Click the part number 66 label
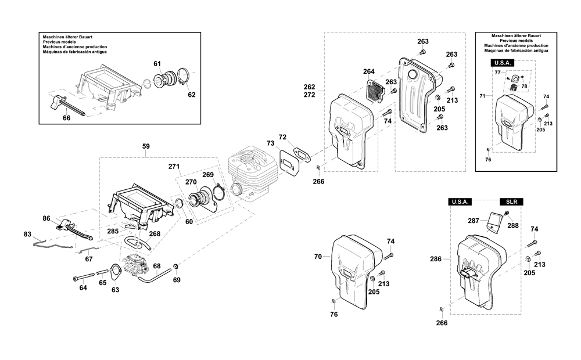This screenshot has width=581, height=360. pyautogui.click(x=66, y=118)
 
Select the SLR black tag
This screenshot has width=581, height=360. pyautogui.click(x=512, y=202)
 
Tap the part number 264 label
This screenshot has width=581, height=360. pyautogui.click(x=369, y=71)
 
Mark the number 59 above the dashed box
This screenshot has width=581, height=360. pyautogui.click(x=146, y=146)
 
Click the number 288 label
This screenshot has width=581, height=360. pyautogui.click(x=513, y=225)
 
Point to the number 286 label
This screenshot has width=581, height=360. pyautogui.click(x=436, y=259)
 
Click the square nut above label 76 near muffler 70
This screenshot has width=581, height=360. pyautogui.click(x=333, y=301)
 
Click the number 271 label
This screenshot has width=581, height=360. pyautogui.click(x=174, y=167)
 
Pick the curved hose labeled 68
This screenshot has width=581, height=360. pyautogui.click(x=156, y=275)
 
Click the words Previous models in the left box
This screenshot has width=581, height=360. pyautogui.click(x=59, y=42)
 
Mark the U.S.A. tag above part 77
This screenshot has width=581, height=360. pyautogui.click(x=503, y=63)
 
